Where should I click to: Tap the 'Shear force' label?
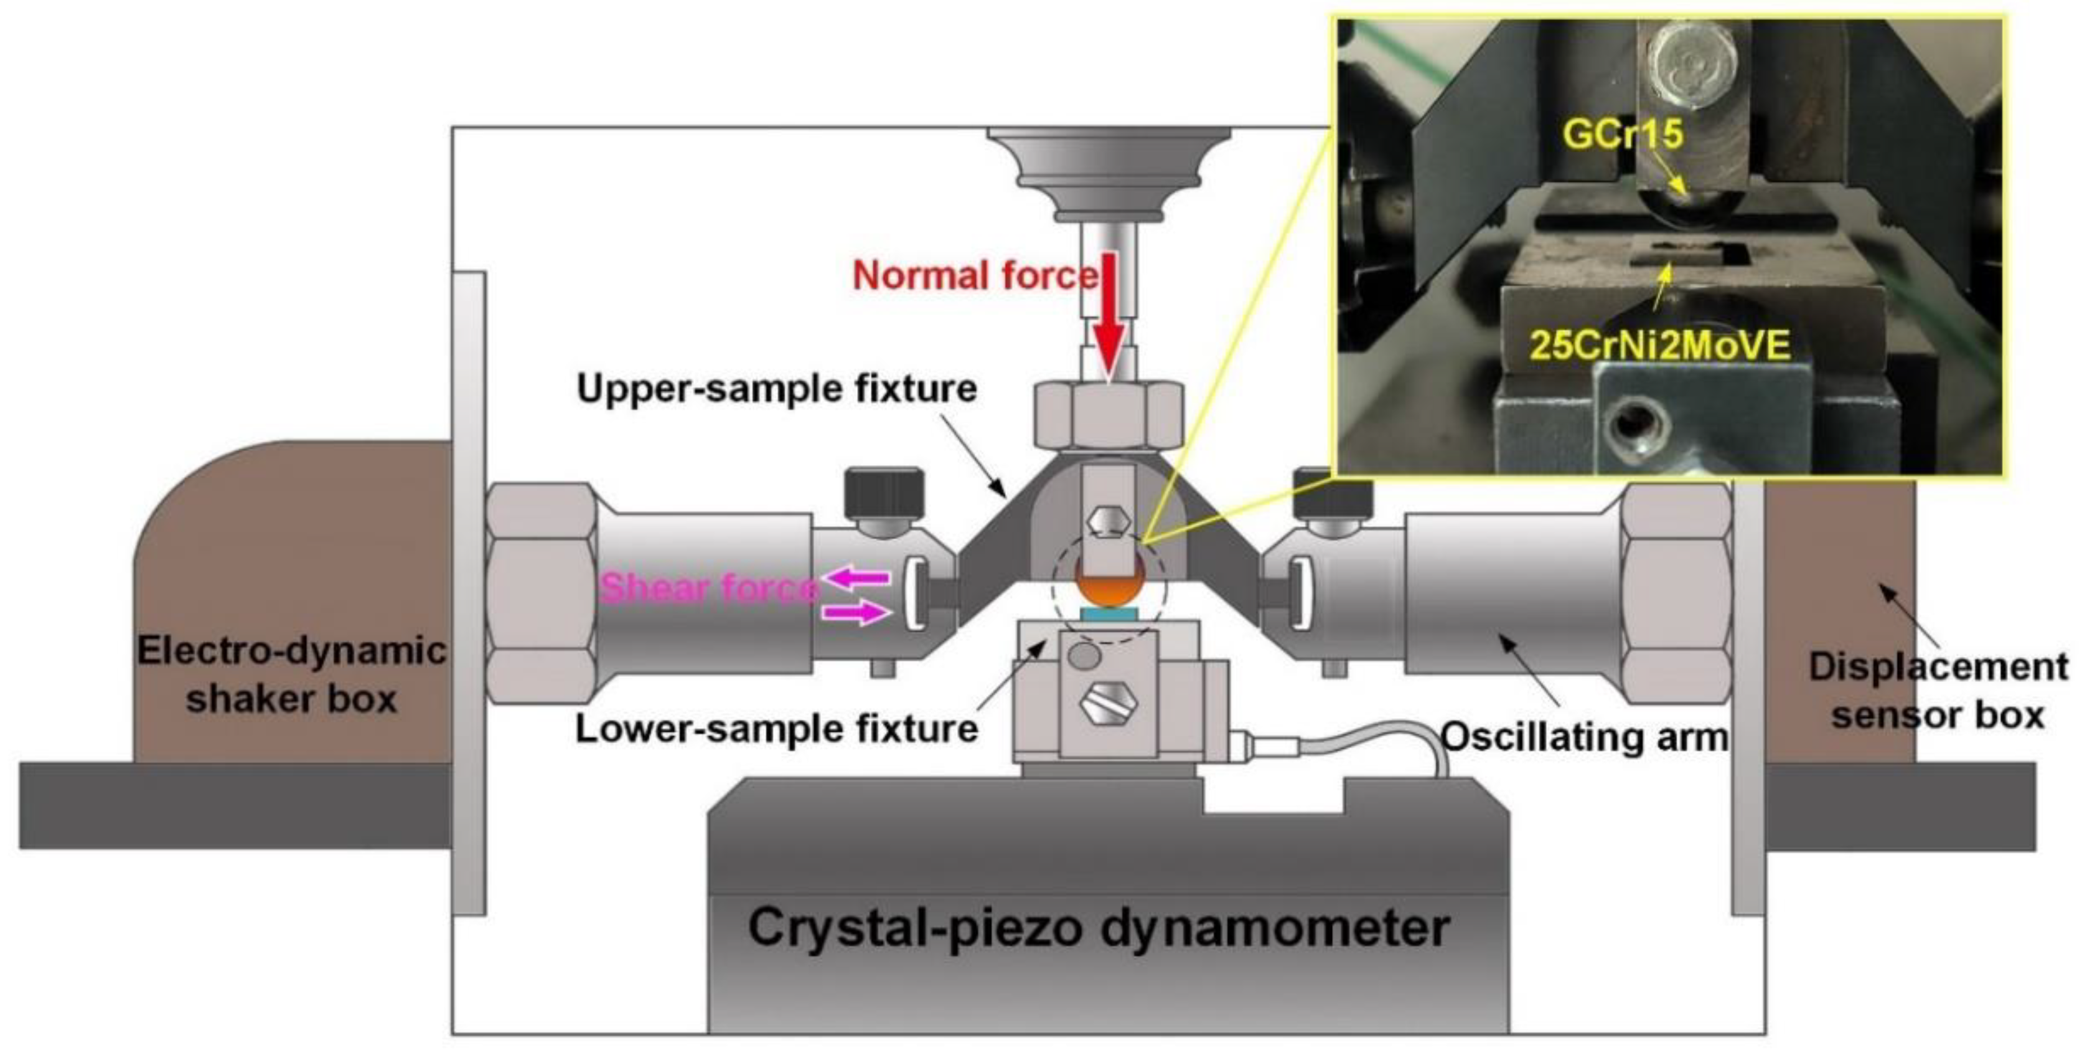coord(707,588)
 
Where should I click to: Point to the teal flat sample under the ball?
coord(1109,615)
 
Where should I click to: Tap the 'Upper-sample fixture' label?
coord(776,389)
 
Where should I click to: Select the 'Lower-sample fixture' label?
coord(776,729)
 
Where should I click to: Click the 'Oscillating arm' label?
coord(1584,737)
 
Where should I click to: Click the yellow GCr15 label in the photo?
coord(1623,133)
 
